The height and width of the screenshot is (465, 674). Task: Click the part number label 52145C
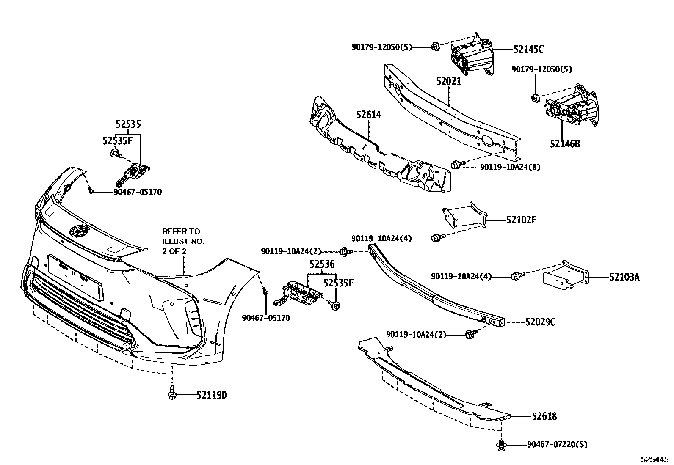pyautogui.click(x=528, y=50)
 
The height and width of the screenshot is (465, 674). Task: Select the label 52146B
pyautogui.click(x=565, y=144)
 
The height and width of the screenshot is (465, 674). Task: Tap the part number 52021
pyautogui.click(x=448, y=81)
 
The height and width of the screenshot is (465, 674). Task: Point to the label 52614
pyautogui.click(x=368, y=115)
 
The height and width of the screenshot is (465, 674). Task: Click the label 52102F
pyautogui.click(x=521, y=220)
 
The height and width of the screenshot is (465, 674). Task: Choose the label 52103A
pyautogui.click(x=624, y=277)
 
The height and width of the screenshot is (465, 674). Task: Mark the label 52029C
pyautogui.click(x=540, y=322)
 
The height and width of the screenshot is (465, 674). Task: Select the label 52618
pyautogui.click(x=544, y=416)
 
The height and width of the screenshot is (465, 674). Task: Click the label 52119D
pyautogui.click(x=212, y=395)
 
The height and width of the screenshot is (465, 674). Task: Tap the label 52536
pyautogui.click(x=322, y=264)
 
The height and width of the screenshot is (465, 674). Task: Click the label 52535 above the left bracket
pyautogui.click(x=128, y=124)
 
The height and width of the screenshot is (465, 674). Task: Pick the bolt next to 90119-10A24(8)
pyautogui.click(x=457, y=164)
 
